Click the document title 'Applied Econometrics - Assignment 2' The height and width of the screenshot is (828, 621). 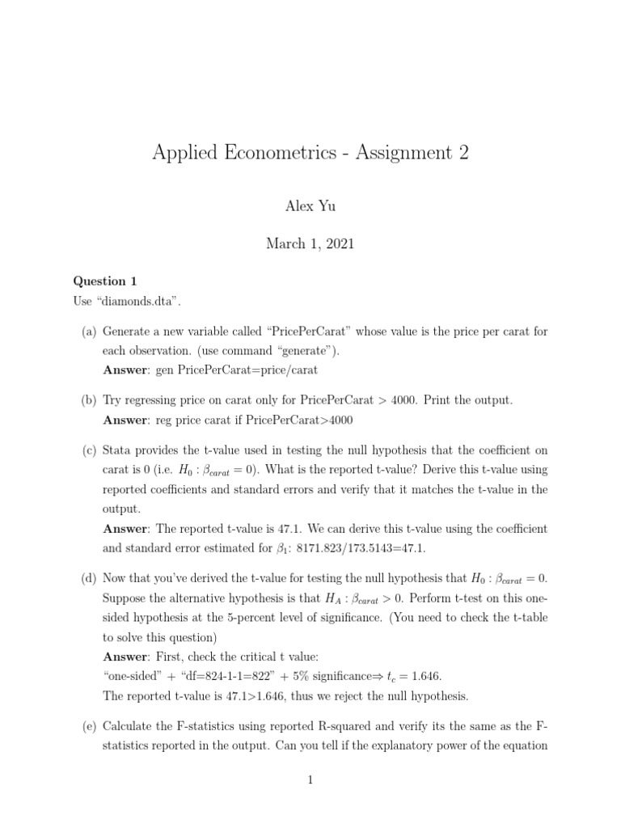[x=310, y=153]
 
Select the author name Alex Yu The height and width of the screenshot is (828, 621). [x=310, y=206]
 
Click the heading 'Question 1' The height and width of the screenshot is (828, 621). [x=99, y=281]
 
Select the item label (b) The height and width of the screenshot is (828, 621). [x=87, y=400]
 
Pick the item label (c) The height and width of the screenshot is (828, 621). [x=87, y=450]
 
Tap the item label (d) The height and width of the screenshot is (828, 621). [x=87, y=578]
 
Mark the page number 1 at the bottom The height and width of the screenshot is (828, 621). [x=310, y=779]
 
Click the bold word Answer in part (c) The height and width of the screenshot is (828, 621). [x=125, y=529]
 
